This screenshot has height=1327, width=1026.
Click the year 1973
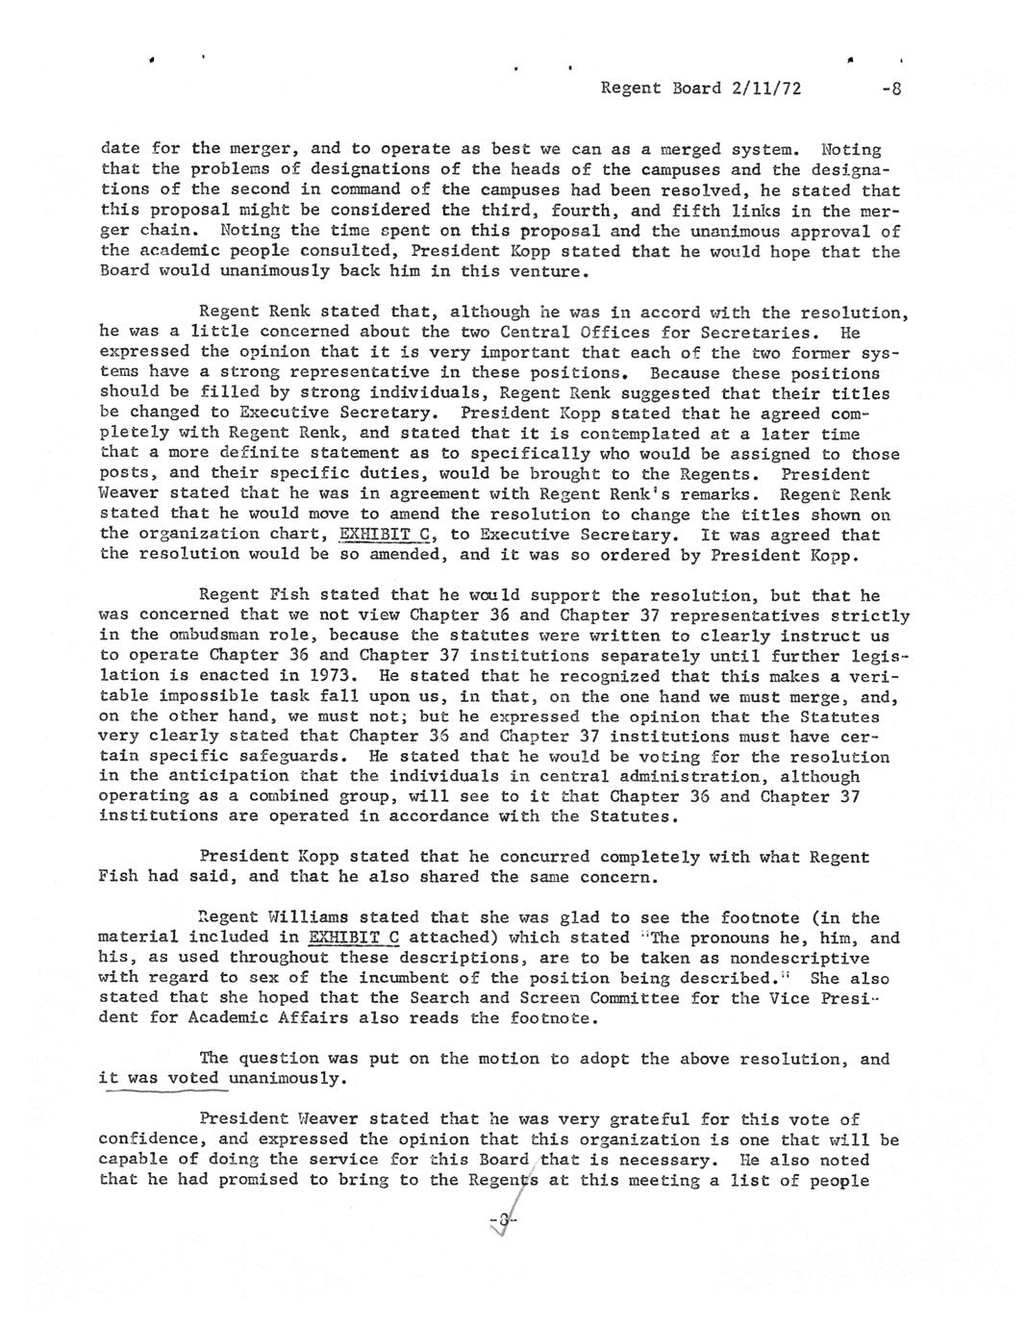tap(337, 676)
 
